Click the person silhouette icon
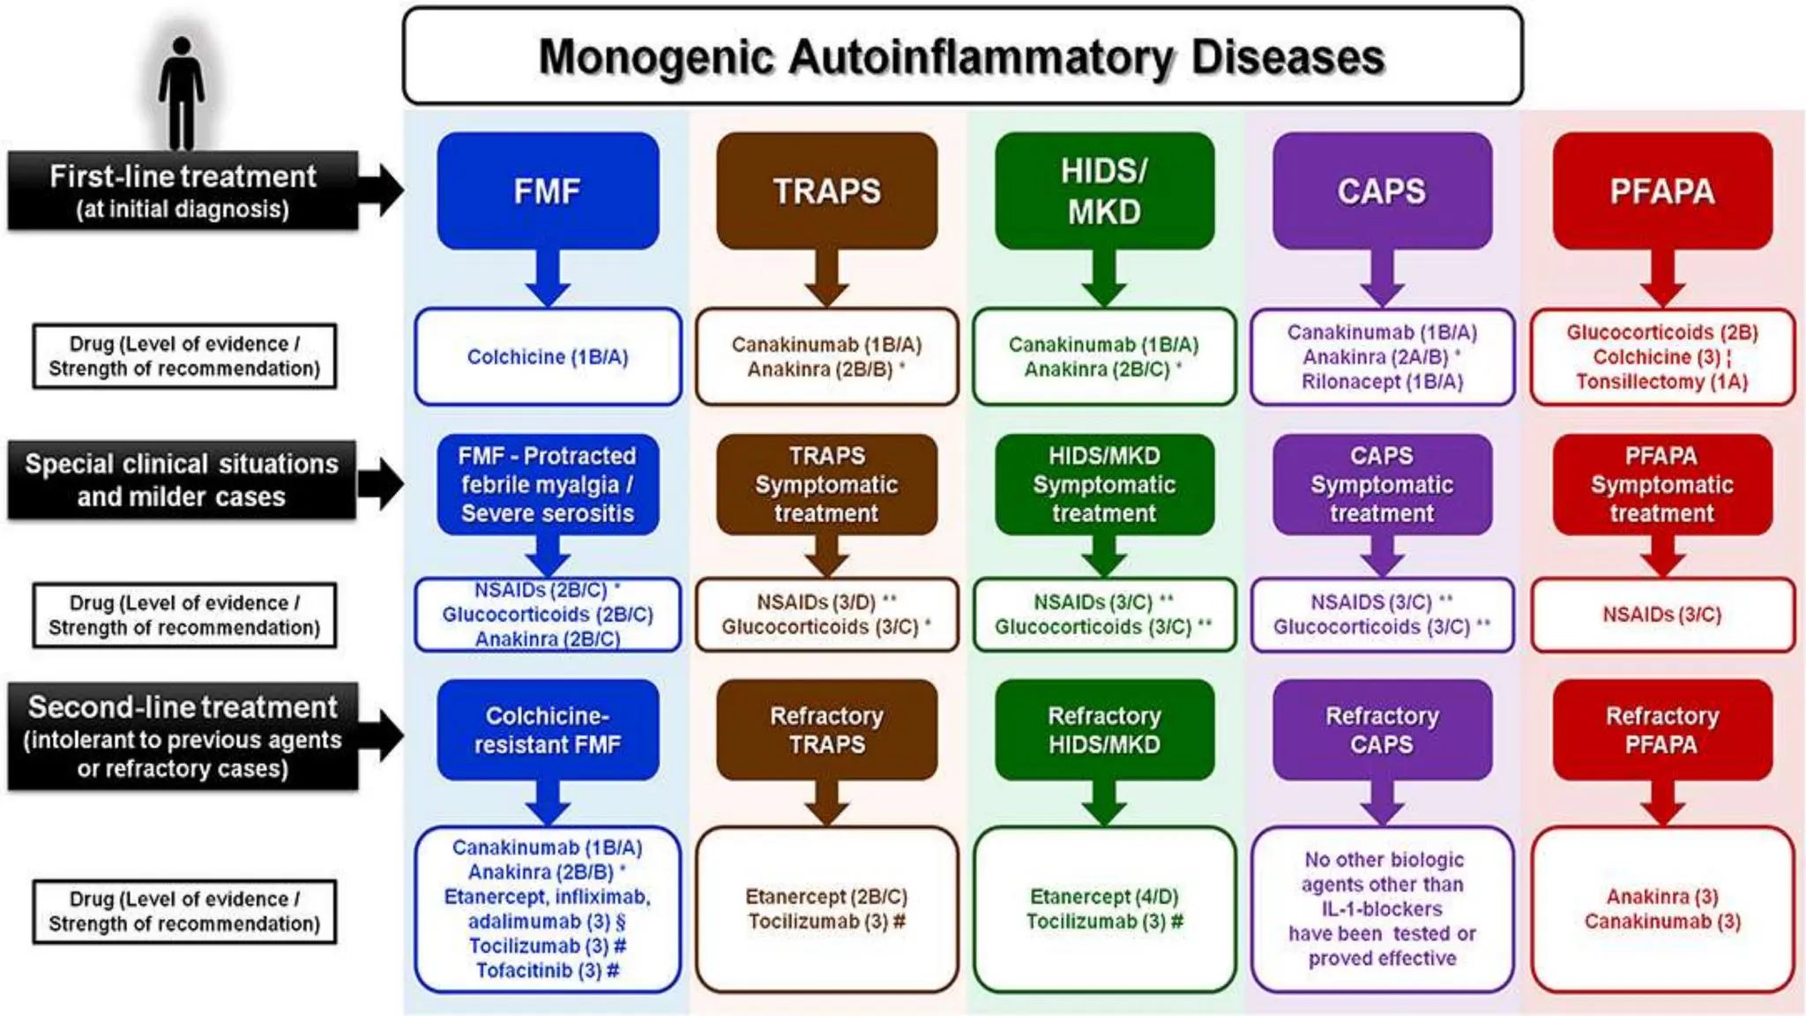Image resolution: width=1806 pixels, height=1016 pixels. click(x=182, y=93)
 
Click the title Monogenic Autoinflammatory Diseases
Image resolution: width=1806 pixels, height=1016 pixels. click(x=961, y=57)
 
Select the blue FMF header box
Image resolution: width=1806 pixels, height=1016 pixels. click(x=548, y=190)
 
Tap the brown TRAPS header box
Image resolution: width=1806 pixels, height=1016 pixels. click(x=826, y=190)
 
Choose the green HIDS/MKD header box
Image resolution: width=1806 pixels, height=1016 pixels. click(x=1104, y=190)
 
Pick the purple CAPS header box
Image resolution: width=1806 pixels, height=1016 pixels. click(x=1382, y=190)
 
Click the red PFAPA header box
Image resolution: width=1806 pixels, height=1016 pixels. click(x=1662, y=190)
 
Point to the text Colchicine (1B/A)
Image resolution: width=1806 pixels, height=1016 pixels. click(x=548, y=357)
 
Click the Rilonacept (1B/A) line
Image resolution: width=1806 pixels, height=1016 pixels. click(x=1382, y=382)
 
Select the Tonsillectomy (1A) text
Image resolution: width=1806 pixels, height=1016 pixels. click(x=1662, y=382)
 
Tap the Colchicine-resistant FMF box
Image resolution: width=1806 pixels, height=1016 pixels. click(x=548, y=730)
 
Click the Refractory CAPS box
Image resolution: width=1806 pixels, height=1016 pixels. click(x=1382, y=730)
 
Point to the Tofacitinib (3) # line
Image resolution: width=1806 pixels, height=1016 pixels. click(x=548, y=971)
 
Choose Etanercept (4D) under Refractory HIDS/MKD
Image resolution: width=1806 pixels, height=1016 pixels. click(x=1104, y=897)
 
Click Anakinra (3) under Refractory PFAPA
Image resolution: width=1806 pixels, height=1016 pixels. click(x=1662, y=897)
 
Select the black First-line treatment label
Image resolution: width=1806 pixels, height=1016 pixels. click(x=183, y=190)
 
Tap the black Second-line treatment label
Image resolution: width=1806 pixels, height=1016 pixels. click(x=183, y=736)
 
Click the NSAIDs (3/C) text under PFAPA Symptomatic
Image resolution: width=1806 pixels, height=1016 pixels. click(x=1662, y=615)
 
